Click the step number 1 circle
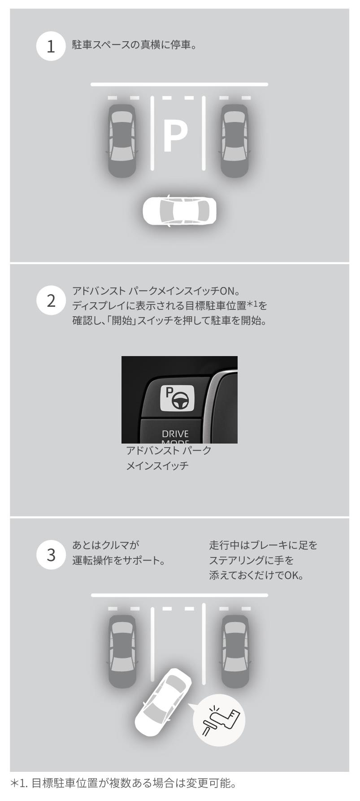pyautogui.click(x=51, y=46)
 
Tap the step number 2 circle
pyautogui.click(x=51, y=300)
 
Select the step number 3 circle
pyautogui.click(x=51, y=555)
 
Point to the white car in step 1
pyautogui.click(x=179, y=210)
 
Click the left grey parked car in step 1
pyautogui.click(x=122, y=140)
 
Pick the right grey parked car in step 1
pyautogui.click(x=235, y=140)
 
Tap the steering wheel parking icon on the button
pyautogui.click(x=178, y=397)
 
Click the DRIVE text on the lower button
pyautogui.click(x=175, y=434)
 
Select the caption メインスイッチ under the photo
pyautogui.click(x=157, y=466)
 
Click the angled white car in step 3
pyautogui.click(x=163, y=702)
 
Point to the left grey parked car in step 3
pyautogui.click(x=122, y=651)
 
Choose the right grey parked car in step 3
pyautogui.click(x=235, y=651)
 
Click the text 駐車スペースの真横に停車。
pyautogui.click(x=134, y=45)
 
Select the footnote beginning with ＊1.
pyautogui.click(x=123, y=783)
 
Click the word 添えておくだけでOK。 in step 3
pyautogui.click(x=256, y=575)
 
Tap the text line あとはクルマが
pyautogui.click(x=106, y=545)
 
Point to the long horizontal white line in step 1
pyautogui.click(x=179, y=84)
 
